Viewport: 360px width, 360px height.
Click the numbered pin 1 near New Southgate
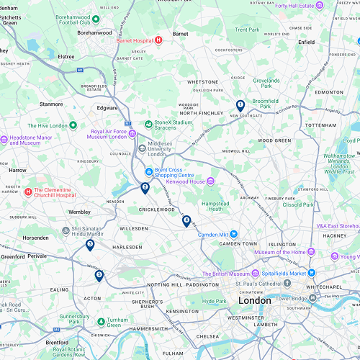240,105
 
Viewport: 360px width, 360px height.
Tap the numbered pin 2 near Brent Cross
145,188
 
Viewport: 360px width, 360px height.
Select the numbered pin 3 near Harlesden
90,245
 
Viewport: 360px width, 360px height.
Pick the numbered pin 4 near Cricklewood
186,220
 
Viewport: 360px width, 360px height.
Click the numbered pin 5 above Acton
99,275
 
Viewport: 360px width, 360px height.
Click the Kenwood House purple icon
210,181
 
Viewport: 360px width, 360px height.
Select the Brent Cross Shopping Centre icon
148,172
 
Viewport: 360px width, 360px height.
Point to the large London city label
254,300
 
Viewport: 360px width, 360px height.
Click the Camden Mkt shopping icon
233,234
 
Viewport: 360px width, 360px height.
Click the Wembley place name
79,212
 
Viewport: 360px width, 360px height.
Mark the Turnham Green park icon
101,320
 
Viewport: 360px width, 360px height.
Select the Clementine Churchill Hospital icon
29,192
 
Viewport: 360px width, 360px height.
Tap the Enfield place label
307,42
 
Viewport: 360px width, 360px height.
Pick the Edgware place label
108,108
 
